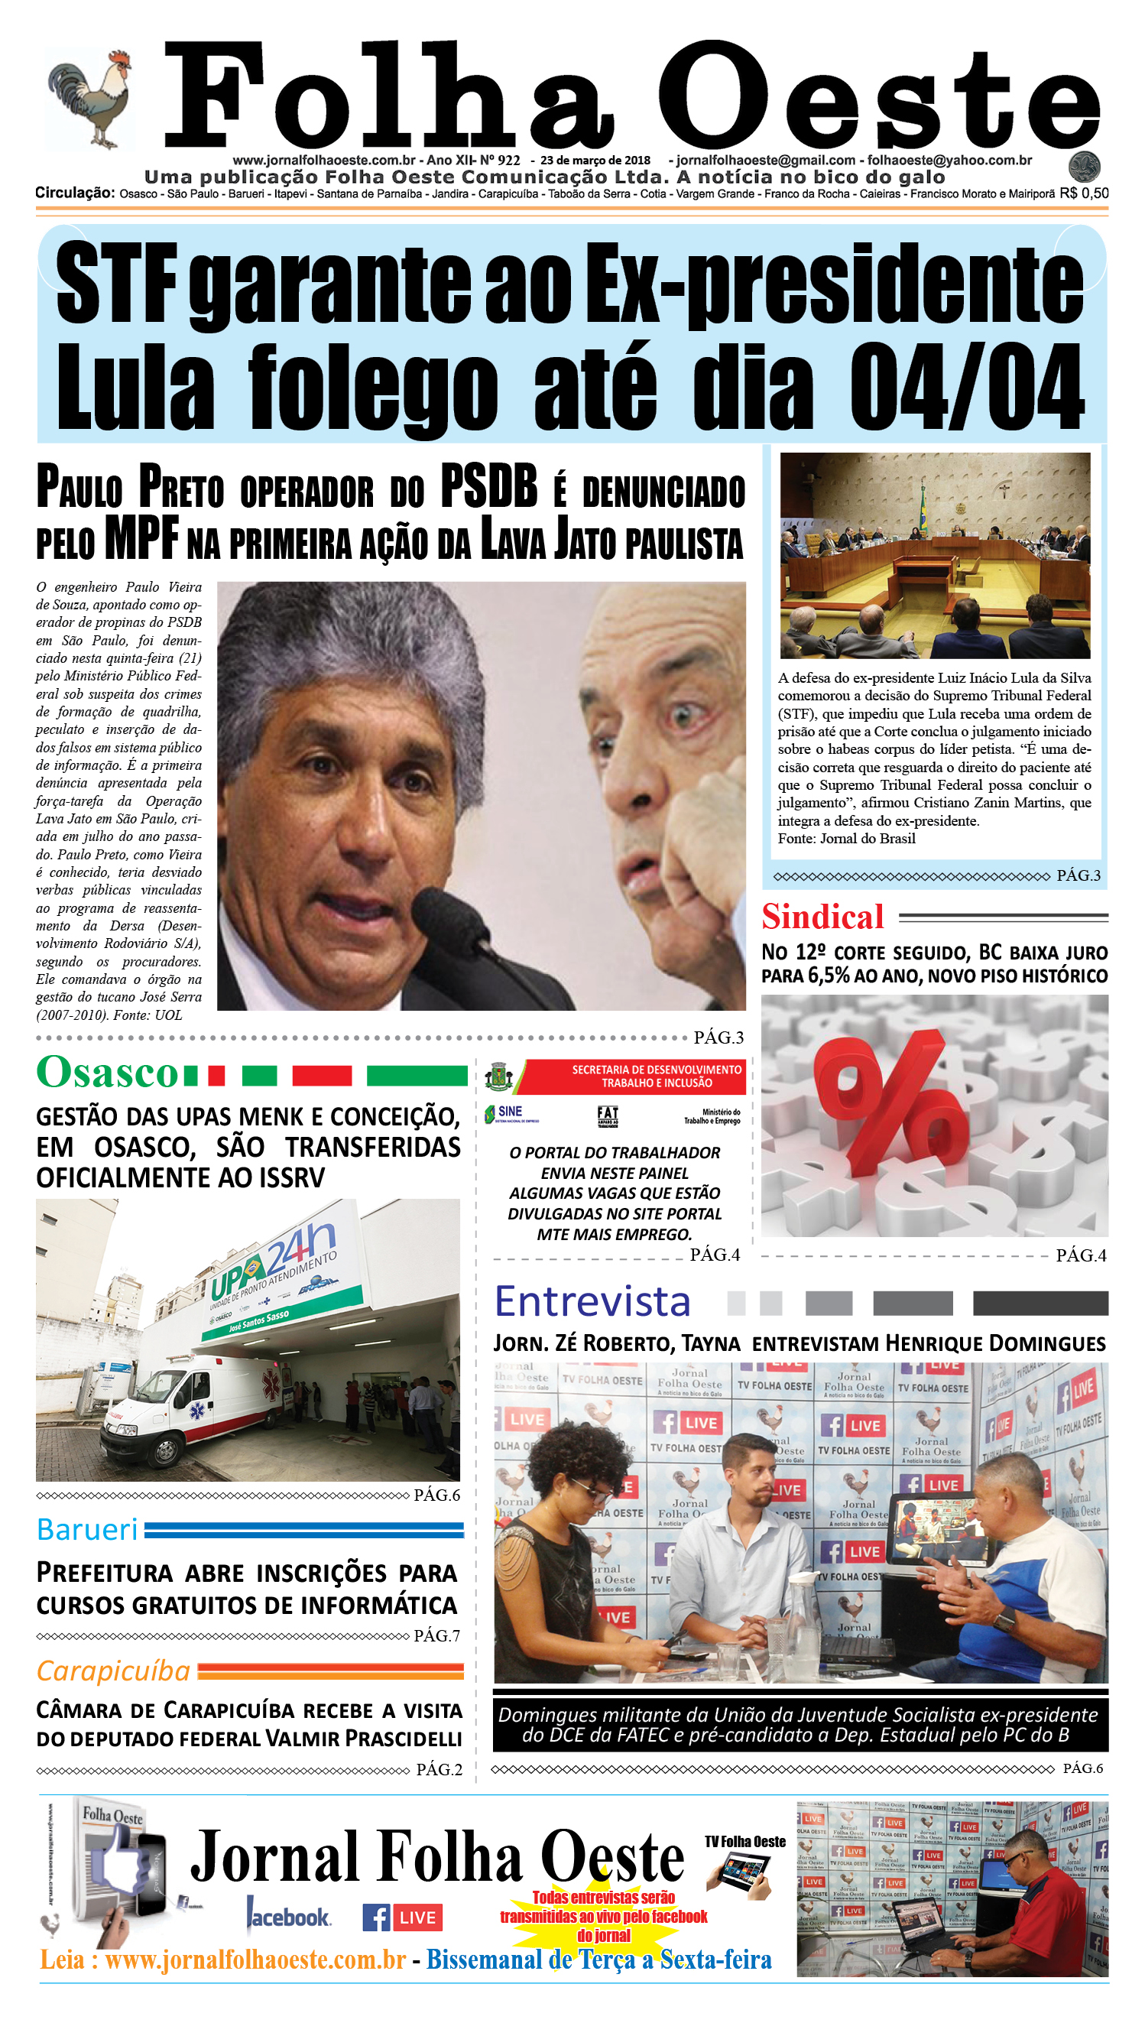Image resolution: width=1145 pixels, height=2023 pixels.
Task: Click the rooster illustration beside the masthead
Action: click(90, 99)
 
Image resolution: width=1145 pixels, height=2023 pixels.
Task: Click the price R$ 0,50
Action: click(1084, 193)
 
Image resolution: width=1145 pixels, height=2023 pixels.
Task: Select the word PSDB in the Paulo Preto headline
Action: click(488, 486)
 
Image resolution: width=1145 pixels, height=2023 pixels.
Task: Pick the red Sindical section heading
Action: click(822, 917)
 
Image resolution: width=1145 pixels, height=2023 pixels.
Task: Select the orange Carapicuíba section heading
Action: click(113, 1671)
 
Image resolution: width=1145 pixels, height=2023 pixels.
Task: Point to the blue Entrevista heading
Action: click(592, 1302)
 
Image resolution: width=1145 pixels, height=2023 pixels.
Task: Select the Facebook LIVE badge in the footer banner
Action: click(402, 1917)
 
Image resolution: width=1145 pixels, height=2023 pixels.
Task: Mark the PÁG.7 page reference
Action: click(436, 1635)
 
